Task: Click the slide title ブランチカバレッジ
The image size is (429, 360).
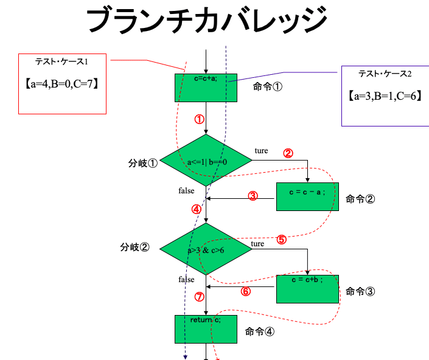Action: [207, 20]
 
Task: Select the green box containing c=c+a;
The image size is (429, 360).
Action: [206, 88]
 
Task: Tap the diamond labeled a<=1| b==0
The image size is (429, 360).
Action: [206, 161]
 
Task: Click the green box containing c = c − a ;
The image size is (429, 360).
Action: [307, 196]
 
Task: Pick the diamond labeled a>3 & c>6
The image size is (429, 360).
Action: [206, 249]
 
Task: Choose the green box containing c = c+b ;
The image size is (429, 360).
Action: [307, 288]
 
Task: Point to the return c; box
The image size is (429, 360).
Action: [206, 329]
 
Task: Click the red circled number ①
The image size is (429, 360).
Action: [200, 119]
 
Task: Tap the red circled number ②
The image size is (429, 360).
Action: [288, 153]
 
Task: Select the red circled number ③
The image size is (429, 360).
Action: [253, 196]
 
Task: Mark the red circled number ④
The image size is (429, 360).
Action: [196, 209]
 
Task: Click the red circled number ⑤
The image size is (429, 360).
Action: [281, 239]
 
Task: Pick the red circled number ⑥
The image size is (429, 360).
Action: [246, 291]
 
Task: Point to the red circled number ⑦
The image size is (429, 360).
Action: [199, 297]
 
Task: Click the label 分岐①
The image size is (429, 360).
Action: [143, 164]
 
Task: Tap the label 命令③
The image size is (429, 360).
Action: [360, 291]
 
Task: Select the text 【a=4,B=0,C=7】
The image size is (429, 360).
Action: [61, 84]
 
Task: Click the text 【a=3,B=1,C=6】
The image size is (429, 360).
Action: [385, 95]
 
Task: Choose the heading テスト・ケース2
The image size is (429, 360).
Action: [385, 74]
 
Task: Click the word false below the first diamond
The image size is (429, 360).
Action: [186, 191]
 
